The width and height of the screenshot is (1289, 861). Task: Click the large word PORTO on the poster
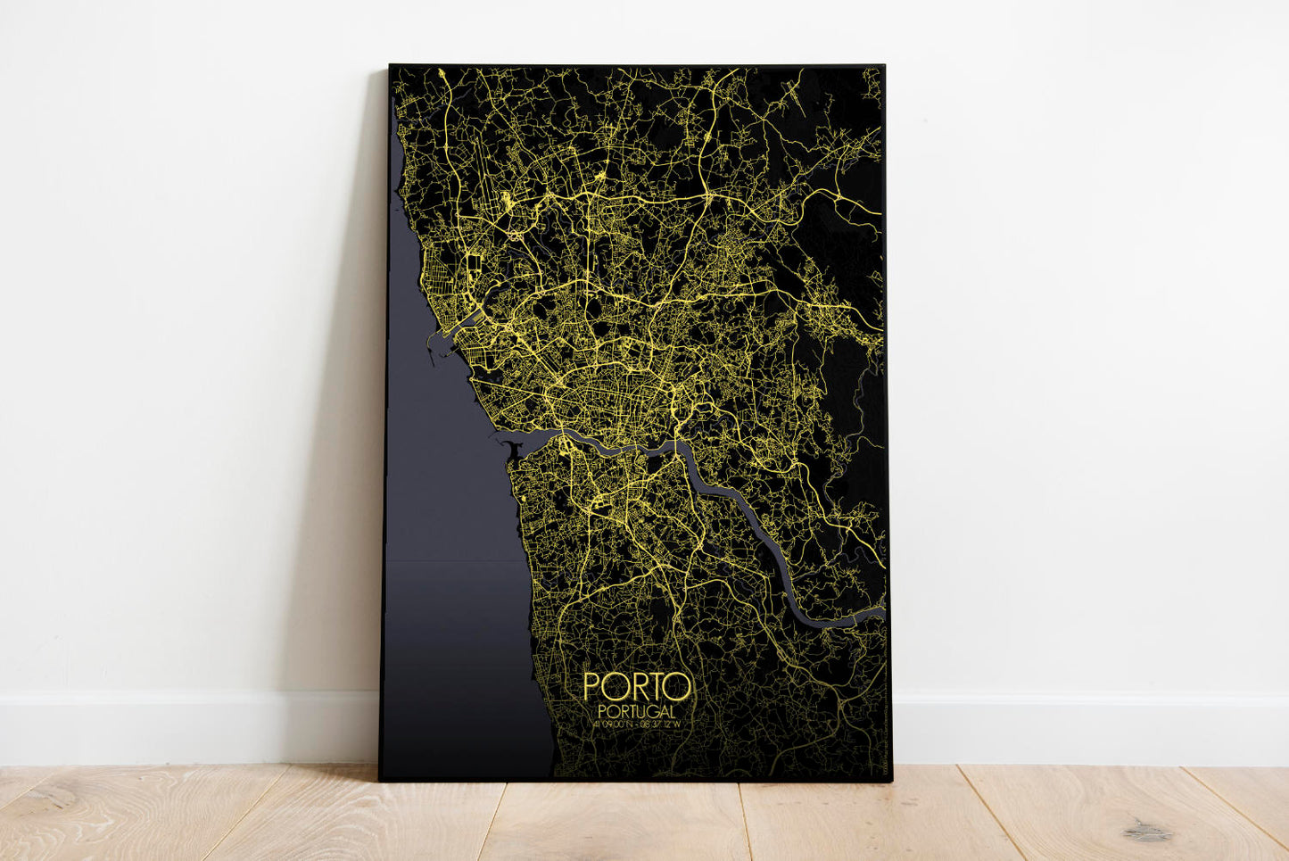(636, 686)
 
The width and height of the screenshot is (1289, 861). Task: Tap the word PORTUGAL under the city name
(636, 710)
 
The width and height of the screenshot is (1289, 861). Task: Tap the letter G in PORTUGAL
(650, 710)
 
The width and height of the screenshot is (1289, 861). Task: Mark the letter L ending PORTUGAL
(670, 710)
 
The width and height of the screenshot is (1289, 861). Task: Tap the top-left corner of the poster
(390, 65)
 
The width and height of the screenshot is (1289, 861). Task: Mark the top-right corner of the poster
(883, 65)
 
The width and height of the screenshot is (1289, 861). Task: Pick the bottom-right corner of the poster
(891, 782)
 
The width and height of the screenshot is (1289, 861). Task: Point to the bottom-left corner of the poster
(380, 781)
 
